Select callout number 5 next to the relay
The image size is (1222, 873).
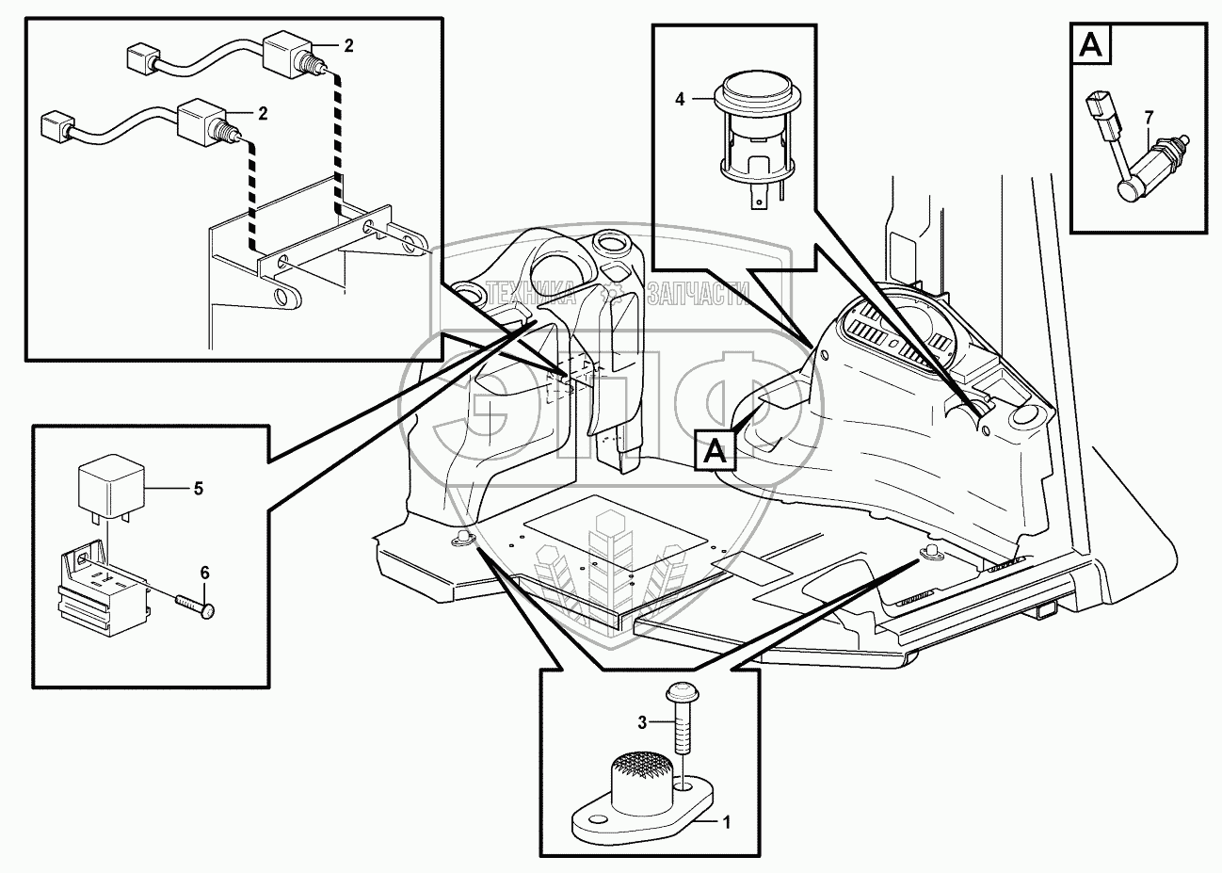click(198, 488)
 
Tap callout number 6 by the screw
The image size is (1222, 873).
click(204, 572)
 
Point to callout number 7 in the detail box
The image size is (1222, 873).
click(1149, 117)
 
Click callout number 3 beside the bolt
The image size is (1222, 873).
click(642, 722)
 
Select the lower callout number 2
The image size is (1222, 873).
click(263, 113)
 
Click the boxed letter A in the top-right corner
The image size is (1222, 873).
click(1092, 44)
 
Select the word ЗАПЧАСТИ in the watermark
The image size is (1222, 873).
click(697, 296)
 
